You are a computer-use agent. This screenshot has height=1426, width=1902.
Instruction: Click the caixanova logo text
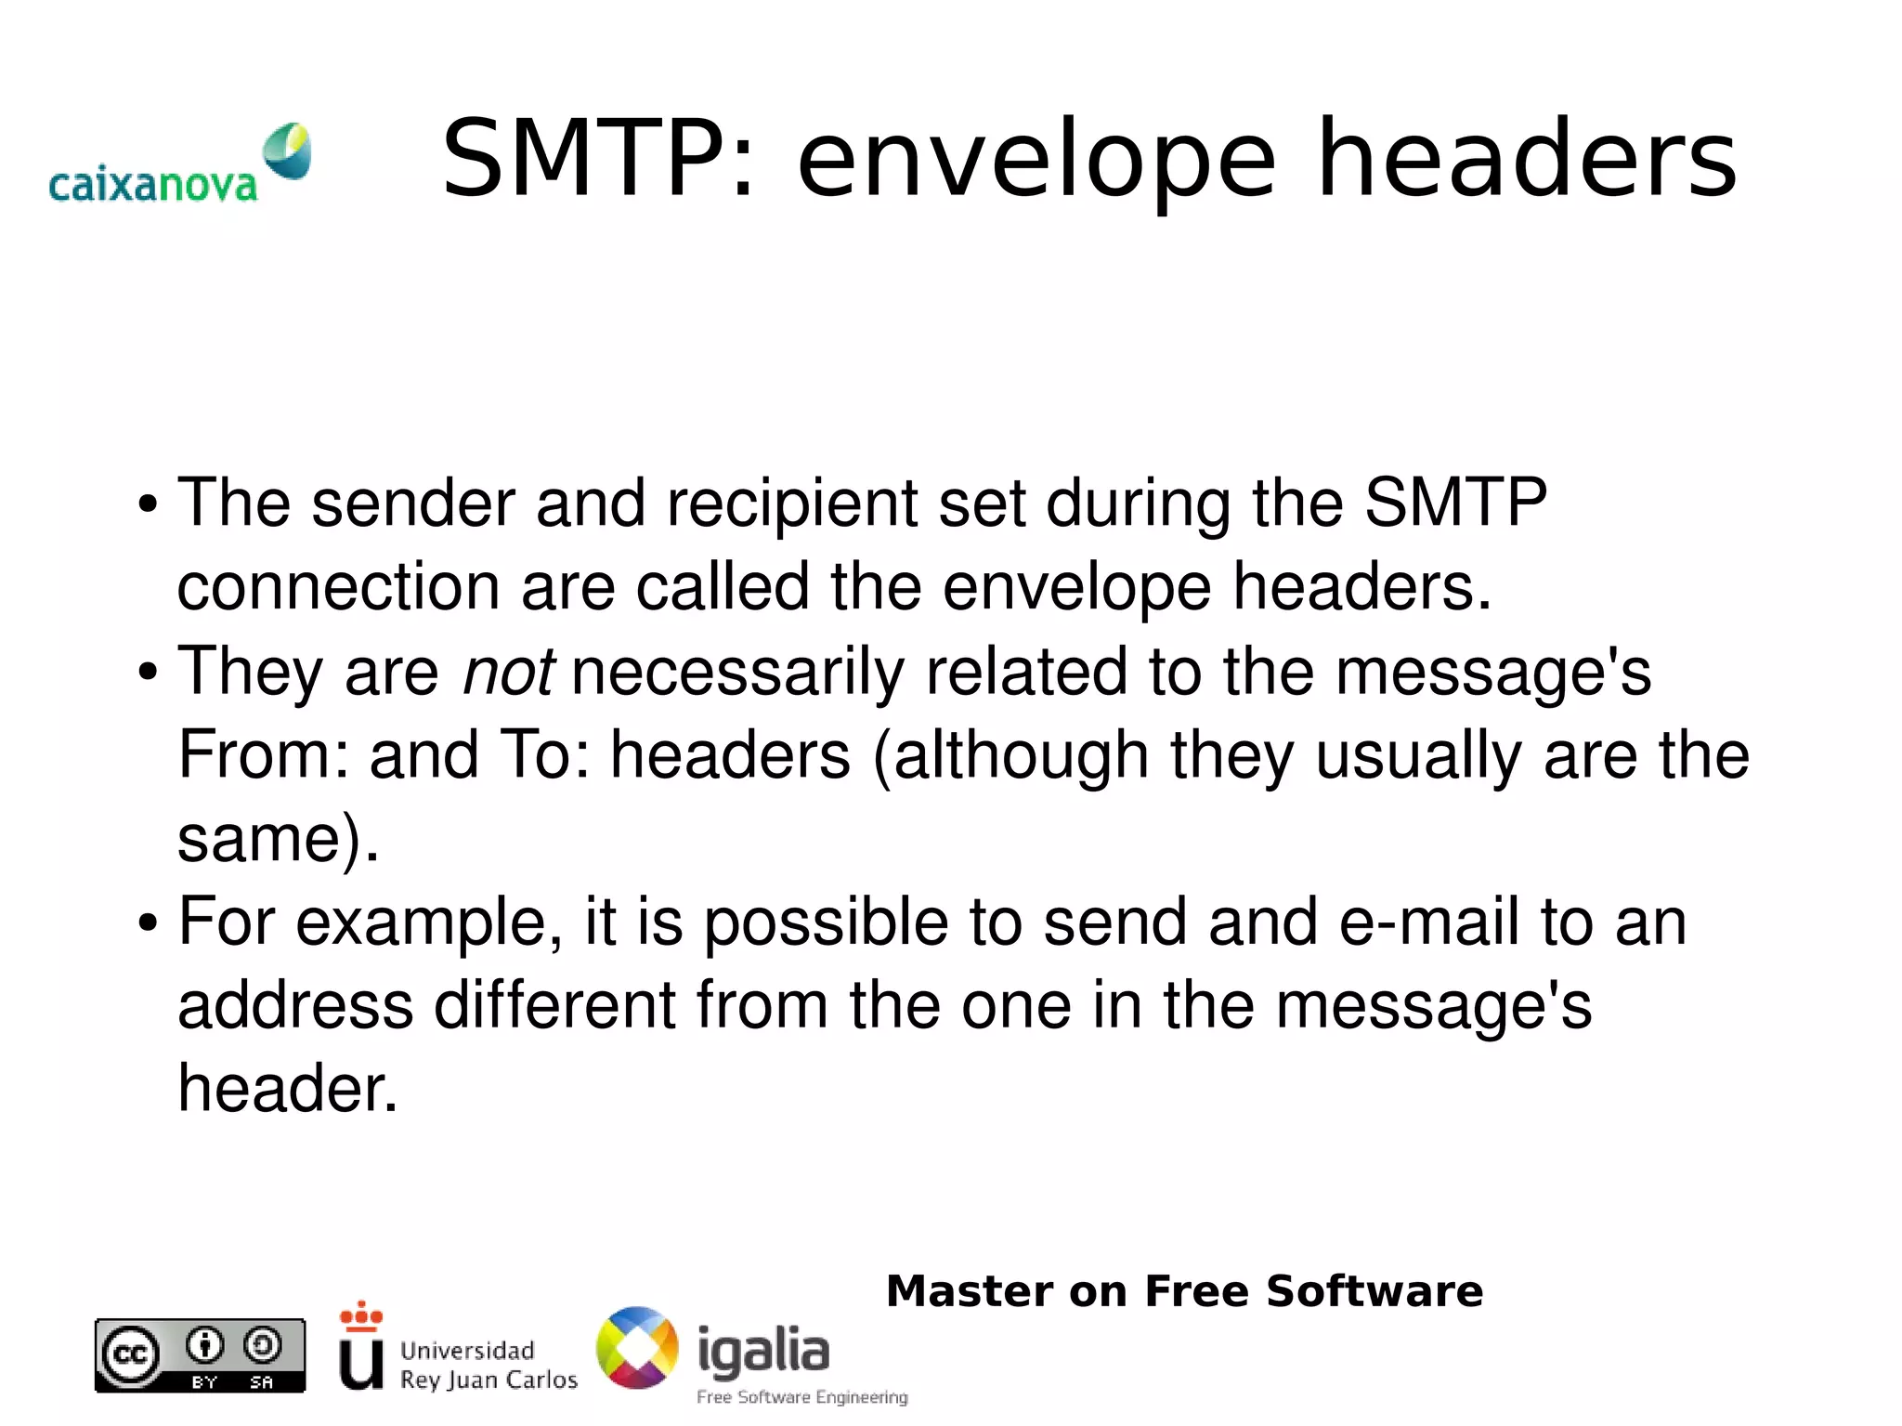(152, 185)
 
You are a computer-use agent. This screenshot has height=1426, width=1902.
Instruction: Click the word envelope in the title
(1036, 160)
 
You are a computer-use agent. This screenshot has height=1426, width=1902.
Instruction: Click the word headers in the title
(1527, 160)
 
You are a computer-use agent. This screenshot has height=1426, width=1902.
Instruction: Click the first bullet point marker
(147, 506)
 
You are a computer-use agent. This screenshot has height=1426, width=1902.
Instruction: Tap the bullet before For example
(147, 924)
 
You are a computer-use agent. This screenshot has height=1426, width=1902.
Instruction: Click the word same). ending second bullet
(278, 838)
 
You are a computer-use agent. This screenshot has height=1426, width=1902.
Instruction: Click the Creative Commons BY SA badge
(200, 1355)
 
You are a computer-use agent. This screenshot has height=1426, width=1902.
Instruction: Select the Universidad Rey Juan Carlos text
(488, 1365)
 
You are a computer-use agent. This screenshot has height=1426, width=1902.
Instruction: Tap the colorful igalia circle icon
(637, 1348)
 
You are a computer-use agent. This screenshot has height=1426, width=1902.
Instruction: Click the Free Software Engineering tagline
(801, 1397)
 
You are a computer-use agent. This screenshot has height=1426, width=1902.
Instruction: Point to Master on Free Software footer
(1184, 1291)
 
